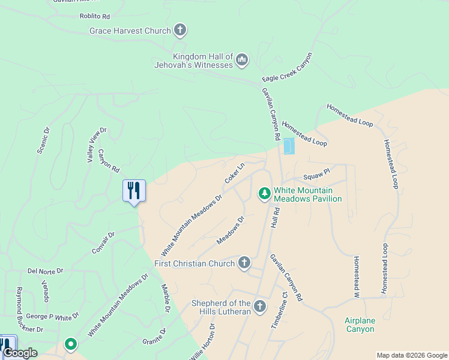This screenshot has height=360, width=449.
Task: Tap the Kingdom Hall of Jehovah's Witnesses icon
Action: pos(242,59)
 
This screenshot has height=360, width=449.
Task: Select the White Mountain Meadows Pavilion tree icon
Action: pos(264,193)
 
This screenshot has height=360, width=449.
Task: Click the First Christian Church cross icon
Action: pos(244,262)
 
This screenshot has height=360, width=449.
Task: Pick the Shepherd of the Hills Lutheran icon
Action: pos(260,307)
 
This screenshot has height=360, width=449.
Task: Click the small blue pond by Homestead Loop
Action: pos(289,146)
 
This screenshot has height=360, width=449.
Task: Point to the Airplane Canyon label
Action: pos(360,325)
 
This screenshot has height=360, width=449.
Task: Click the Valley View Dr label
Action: pos(96,145)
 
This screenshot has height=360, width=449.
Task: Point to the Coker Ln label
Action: pos(235,173)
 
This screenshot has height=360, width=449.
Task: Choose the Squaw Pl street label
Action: pos(316,175)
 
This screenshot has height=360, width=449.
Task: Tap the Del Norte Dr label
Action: pos(45,271)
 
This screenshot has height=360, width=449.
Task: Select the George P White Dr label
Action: pos(52,315)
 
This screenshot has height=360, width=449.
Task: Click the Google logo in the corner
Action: pos(20,353)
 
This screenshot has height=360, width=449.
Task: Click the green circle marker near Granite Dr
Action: pos(71,344)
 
